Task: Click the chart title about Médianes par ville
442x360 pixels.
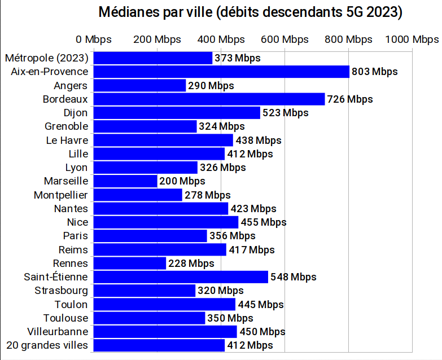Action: tap(251, 12)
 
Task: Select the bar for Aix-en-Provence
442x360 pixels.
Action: tap(221, 72)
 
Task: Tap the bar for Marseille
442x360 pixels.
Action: tap(125, 181)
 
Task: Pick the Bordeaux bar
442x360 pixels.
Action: tap(209, 99)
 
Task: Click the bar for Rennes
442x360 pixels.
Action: tap(130, 264)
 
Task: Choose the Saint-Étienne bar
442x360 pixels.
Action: tap(181, 277)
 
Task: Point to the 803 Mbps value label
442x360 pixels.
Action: tap(374, 72)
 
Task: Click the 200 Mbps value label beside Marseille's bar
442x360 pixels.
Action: tap(182, 181)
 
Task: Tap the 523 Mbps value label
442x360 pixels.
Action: tap(285, 113)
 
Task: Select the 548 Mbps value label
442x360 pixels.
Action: tap(293, 277)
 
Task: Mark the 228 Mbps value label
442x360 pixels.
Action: tap(191, 264)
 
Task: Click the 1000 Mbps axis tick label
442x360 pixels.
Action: tap(412, 39)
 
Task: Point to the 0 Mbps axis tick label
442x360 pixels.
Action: tap(94, 39)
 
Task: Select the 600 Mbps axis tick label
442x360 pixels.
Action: tap(285, 39)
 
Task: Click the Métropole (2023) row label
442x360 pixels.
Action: tap(46, 58)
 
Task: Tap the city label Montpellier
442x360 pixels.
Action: tap(61, 195)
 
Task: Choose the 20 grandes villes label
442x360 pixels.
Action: tap(47, 345)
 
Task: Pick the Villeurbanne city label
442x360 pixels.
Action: tap(58, 332)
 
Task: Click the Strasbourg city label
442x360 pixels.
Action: tap(61, 291)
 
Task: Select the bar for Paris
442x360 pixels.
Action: tap(150, 236)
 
